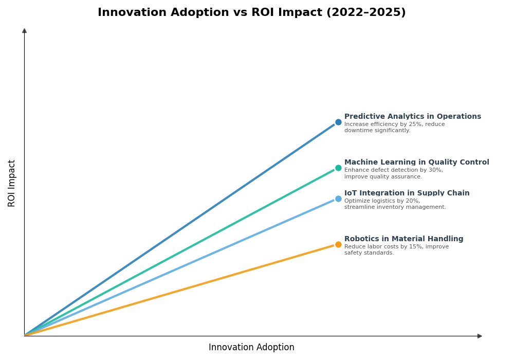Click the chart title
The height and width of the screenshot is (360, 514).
[x=251, y=13]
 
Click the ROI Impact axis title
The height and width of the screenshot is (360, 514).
[x=12, y=183]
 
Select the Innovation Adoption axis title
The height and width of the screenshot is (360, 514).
[x=251, y=348]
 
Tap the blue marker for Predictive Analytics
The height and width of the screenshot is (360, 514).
[x=338, y=122]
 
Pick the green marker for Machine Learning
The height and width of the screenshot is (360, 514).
[x=338, y=168]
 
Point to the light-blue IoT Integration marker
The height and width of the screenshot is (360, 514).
[x=338, y=199]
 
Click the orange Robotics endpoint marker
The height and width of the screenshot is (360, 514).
[x=338, y=245]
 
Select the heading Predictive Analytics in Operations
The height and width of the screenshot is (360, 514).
[x=412, y=117]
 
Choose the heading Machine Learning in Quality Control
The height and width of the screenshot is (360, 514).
[x=416, y=163]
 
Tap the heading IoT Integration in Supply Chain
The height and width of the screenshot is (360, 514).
[x=407, y=193]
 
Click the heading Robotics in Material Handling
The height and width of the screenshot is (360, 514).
[x=403, y=239]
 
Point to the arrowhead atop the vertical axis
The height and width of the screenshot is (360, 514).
[x=24, y=31]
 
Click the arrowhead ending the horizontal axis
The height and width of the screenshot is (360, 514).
[x=480, y=336]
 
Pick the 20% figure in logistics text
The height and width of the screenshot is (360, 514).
[x=412, y=201]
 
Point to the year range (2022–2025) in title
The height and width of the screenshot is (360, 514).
[x=366, y=13]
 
